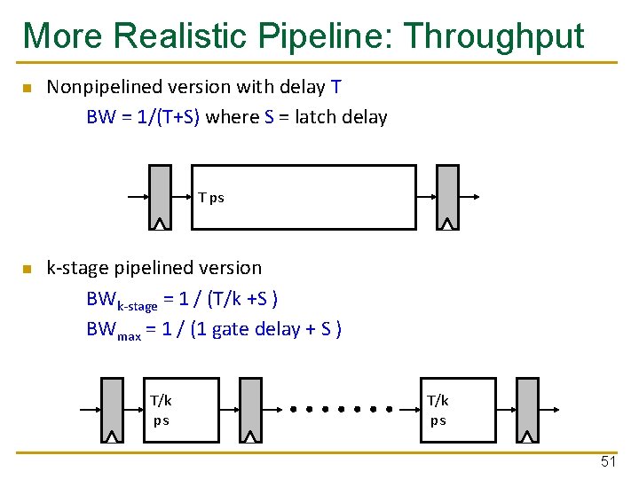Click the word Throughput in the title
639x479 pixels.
[493, 36]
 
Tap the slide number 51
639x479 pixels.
[608, 462]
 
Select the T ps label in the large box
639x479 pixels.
[211, 197]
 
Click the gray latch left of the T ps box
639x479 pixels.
[160, 197]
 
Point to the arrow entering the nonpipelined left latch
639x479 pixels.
[137, 197]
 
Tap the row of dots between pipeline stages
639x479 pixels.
[343, 410]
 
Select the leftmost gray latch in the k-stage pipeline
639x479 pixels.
[112, 410]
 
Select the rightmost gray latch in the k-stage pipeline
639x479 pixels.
[527, 410]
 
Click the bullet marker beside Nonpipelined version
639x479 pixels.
[27, 88]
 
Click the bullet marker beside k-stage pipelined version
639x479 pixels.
[27, 269]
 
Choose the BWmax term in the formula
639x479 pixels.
[114, 330]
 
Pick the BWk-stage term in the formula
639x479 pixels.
[122, 300]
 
